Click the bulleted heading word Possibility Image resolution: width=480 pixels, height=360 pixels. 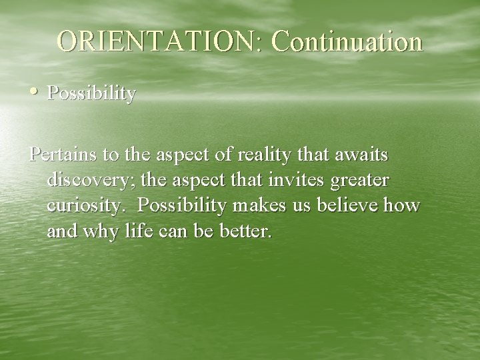pos(91,94)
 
